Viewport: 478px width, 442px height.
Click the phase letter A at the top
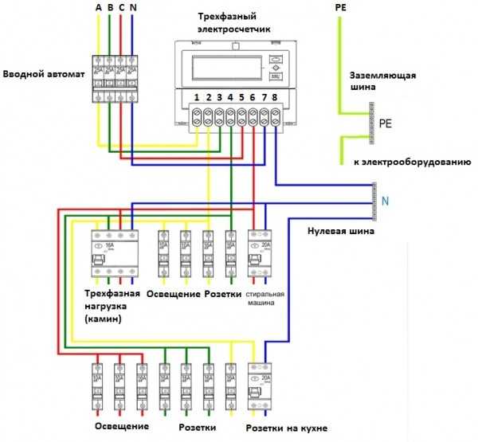[98, 7]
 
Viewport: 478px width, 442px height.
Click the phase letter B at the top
[109, 7]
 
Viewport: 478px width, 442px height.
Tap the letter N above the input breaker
[131, 7]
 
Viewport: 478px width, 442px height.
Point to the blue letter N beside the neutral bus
[385, 201]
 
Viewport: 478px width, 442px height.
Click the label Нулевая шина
[340, 232]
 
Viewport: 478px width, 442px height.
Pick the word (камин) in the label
[105, 319]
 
